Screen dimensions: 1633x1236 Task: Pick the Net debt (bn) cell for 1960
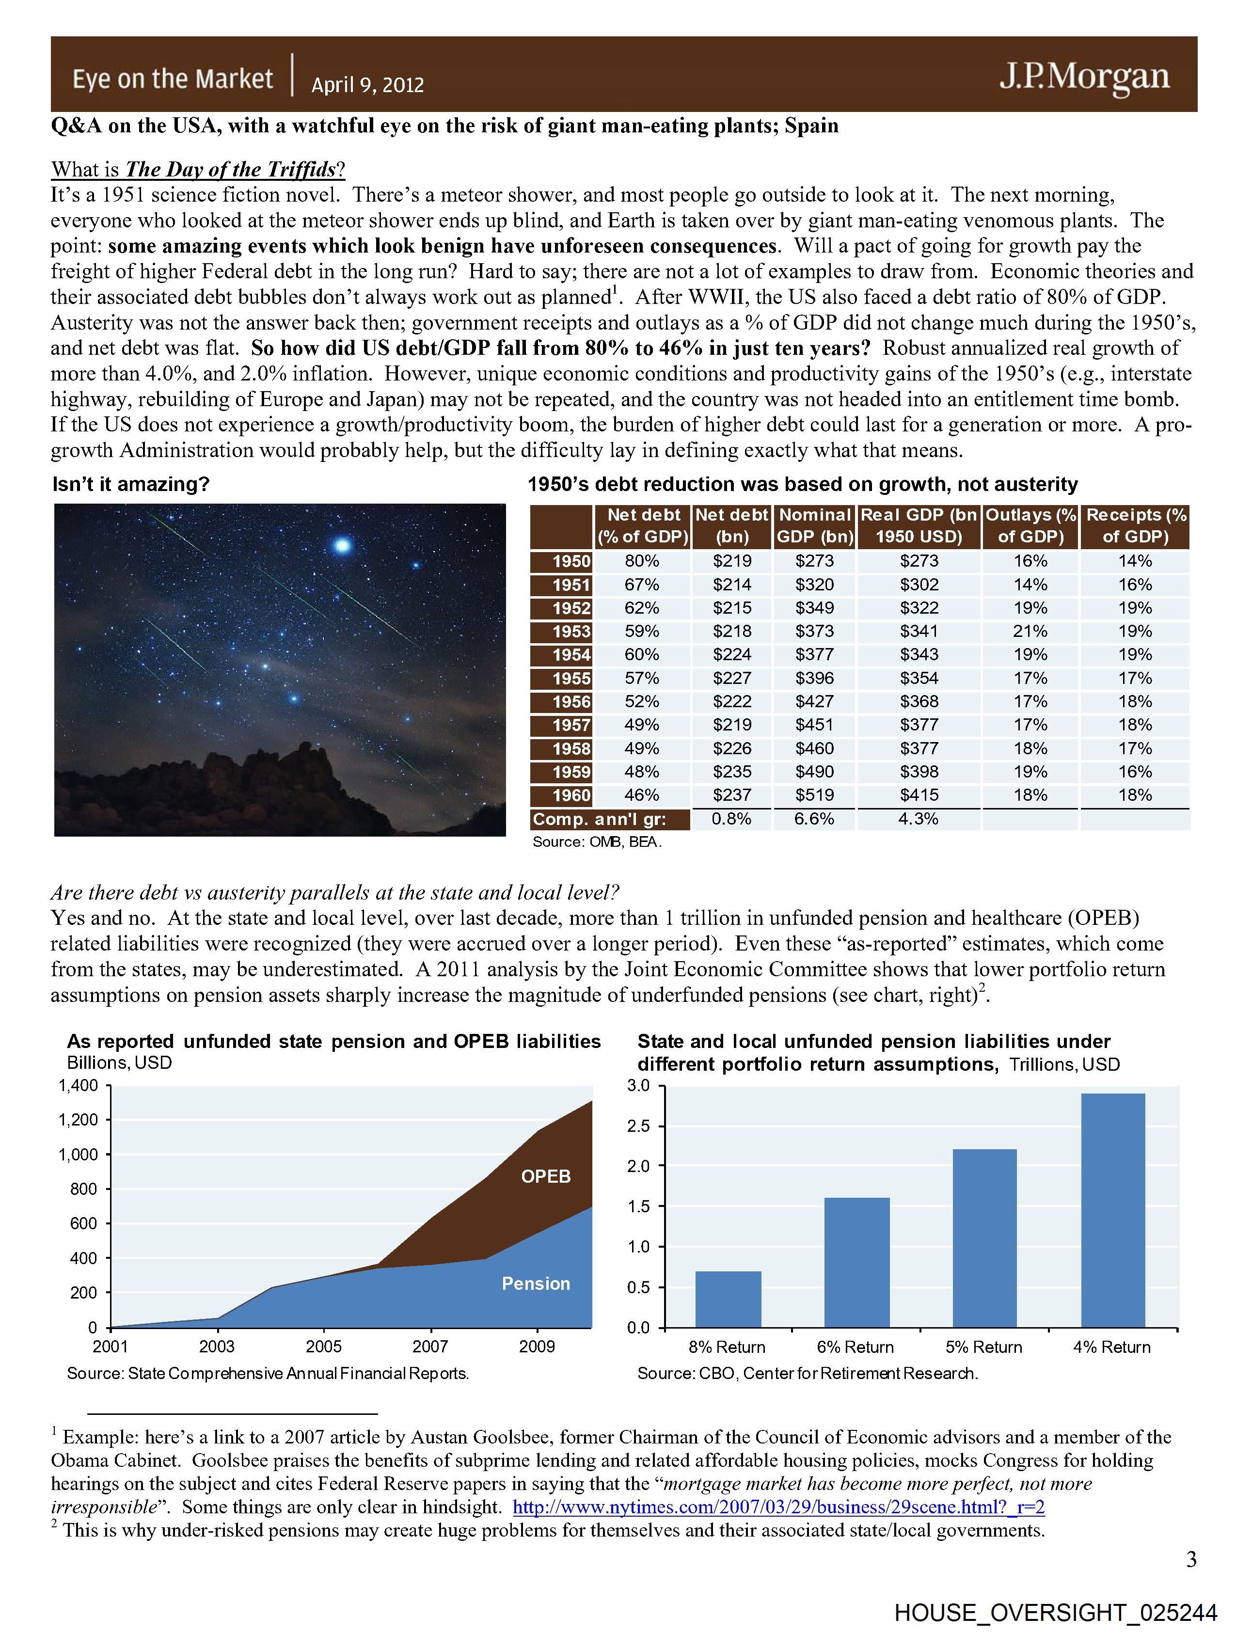click(x=732, y=795)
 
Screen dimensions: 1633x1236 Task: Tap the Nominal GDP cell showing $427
click(x=814, y=701)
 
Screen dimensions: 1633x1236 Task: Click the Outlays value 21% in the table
click(x=1030, y=631)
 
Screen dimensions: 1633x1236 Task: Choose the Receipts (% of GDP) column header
click(x=1135, y=525)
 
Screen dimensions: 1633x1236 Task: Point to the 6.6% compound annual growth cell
click(x=814, y=819)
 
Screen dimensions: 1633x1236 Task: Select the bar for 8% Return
click(x=728, y=1300)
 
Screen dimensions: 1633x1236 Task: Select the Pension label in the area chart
click(x=536, y=1284)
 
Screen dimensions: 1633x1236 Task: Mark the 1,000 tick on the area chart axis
click(x=78, y=1155)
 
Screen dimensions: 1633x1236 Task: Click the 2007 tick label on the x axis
click(x=430, y=1347)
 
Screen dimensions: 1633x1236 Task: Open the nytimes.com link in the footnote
click(x=778, y=1507)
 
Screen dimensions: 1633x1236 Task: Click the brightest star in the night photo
click(x=342, y=546)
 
